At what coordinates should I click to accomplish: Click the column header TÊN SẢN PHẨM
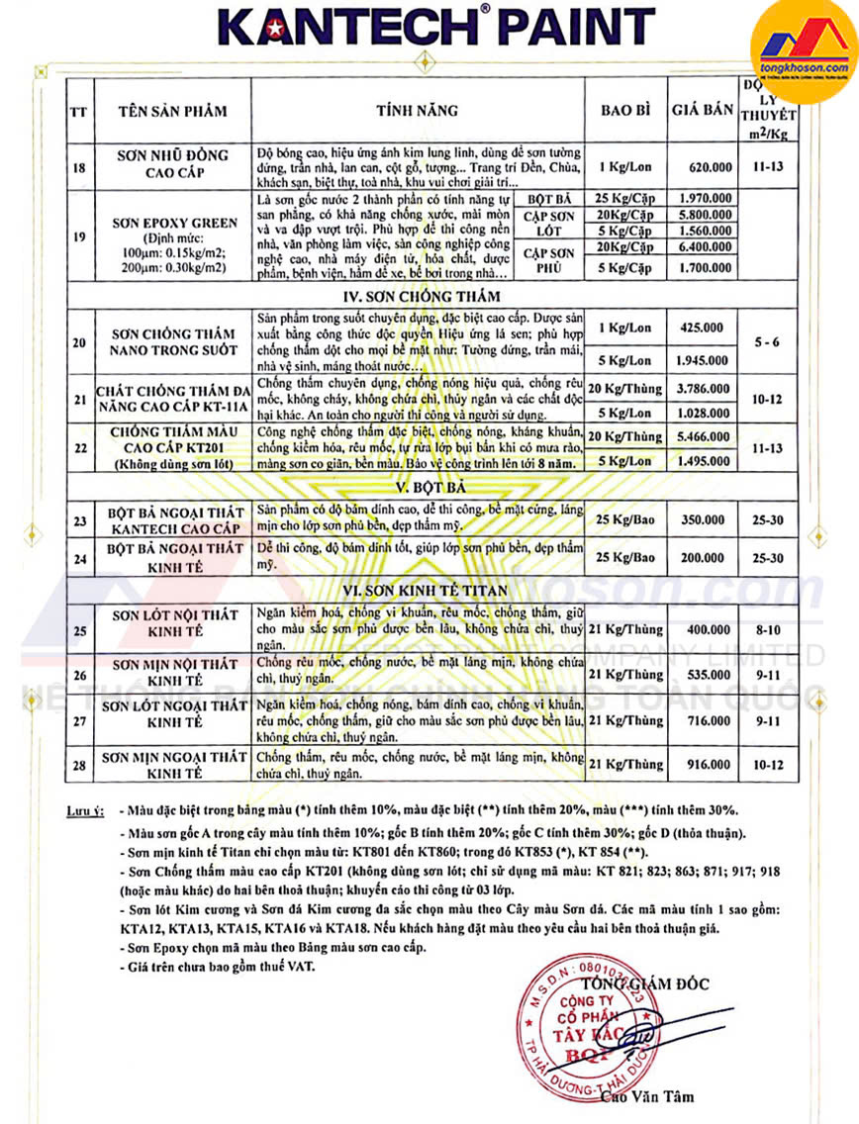171,111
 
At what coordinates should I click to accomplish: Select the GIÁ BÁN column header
702,111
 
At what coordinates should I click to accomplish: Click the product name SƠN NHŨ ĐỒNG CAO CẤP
171,163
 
